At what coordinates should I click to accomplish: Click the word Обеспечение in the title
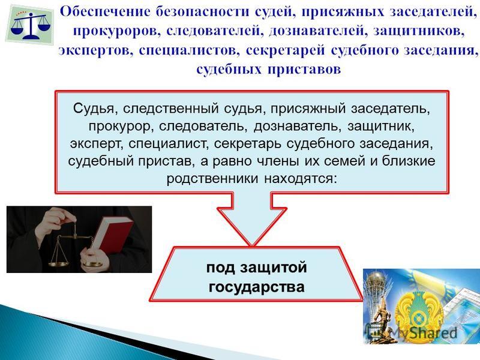(106, 12)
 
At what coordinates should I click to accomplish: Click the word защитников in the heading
(419, 32)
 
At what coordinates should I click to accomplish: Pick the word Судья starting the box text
(94, 109)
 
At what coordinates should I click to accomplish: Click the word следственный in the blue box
(171, 109)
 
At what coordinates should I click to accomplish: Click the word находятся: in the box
(301, 178)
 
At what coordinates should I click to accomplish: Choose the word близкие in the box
(409, 161)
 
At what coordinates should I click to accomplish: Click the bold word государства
(257, 287)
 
